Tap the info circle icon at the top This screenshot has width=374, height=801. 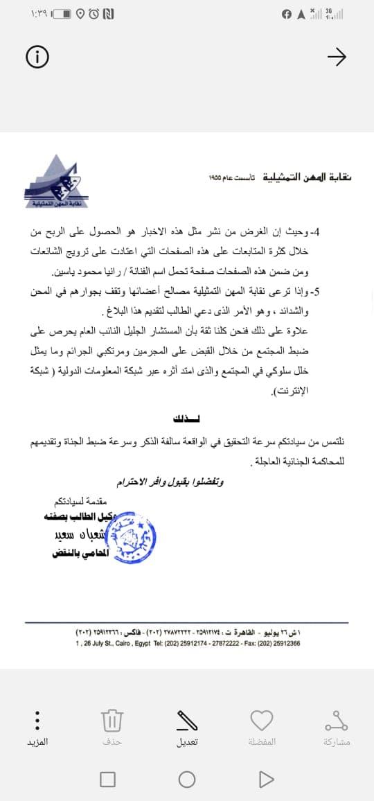coord(37,58)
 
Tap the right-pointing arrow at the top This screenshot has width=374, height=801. coord(336,58)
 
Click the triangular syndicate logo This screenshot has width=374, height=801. coord(55,182)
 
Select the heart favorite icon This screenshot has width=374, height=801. coord(262,721)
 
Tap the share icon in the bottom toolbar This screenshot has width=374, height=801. coord(337,721)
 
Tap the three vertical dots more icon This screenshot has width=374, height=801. coord(37,721)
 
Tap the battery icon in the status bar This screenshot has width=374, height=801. coord(61,14)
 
